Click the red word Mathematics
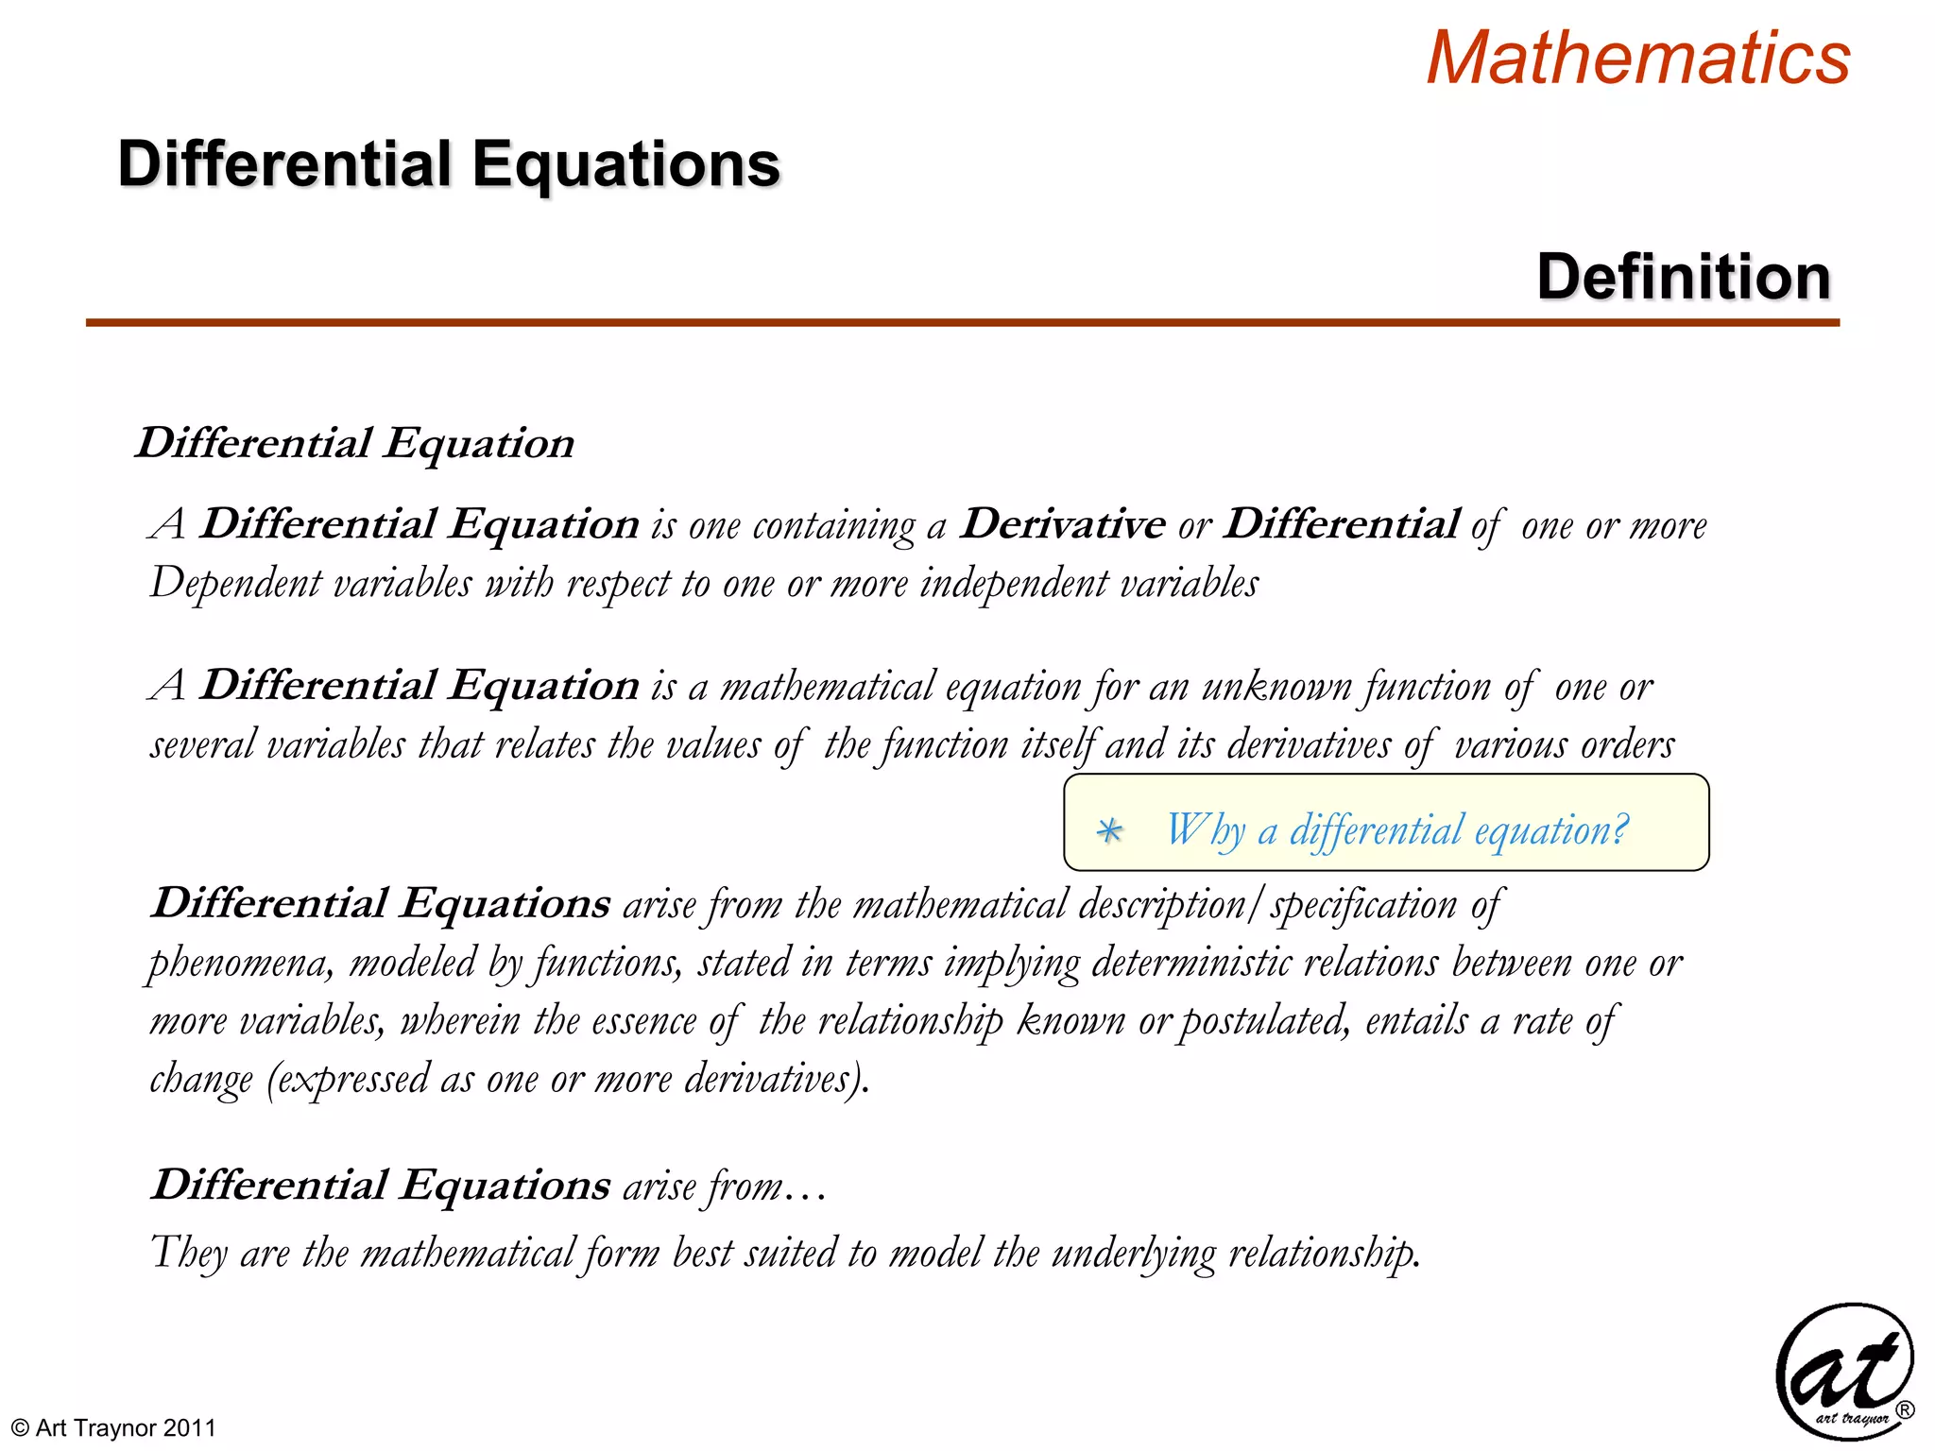click(x=1637, y=59)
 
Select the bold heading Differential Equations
click(x=449, y=164)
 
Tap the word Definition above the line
click(x=1684, y=277)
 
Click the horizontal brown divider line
click(x=962, y=323)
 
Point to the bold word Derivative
click(x=1062, y=524)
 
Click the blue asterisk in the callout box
click(x=1109, y=831)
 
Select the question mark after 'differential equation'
click(x=1619, y=828)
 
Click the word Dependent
click(x=235, y=584)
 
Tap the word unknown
click(x=1276, y=687)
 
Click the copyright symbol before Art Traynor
click(x=19, y=1427)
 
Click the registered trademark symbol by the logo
click(x=1905, y=1410)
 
